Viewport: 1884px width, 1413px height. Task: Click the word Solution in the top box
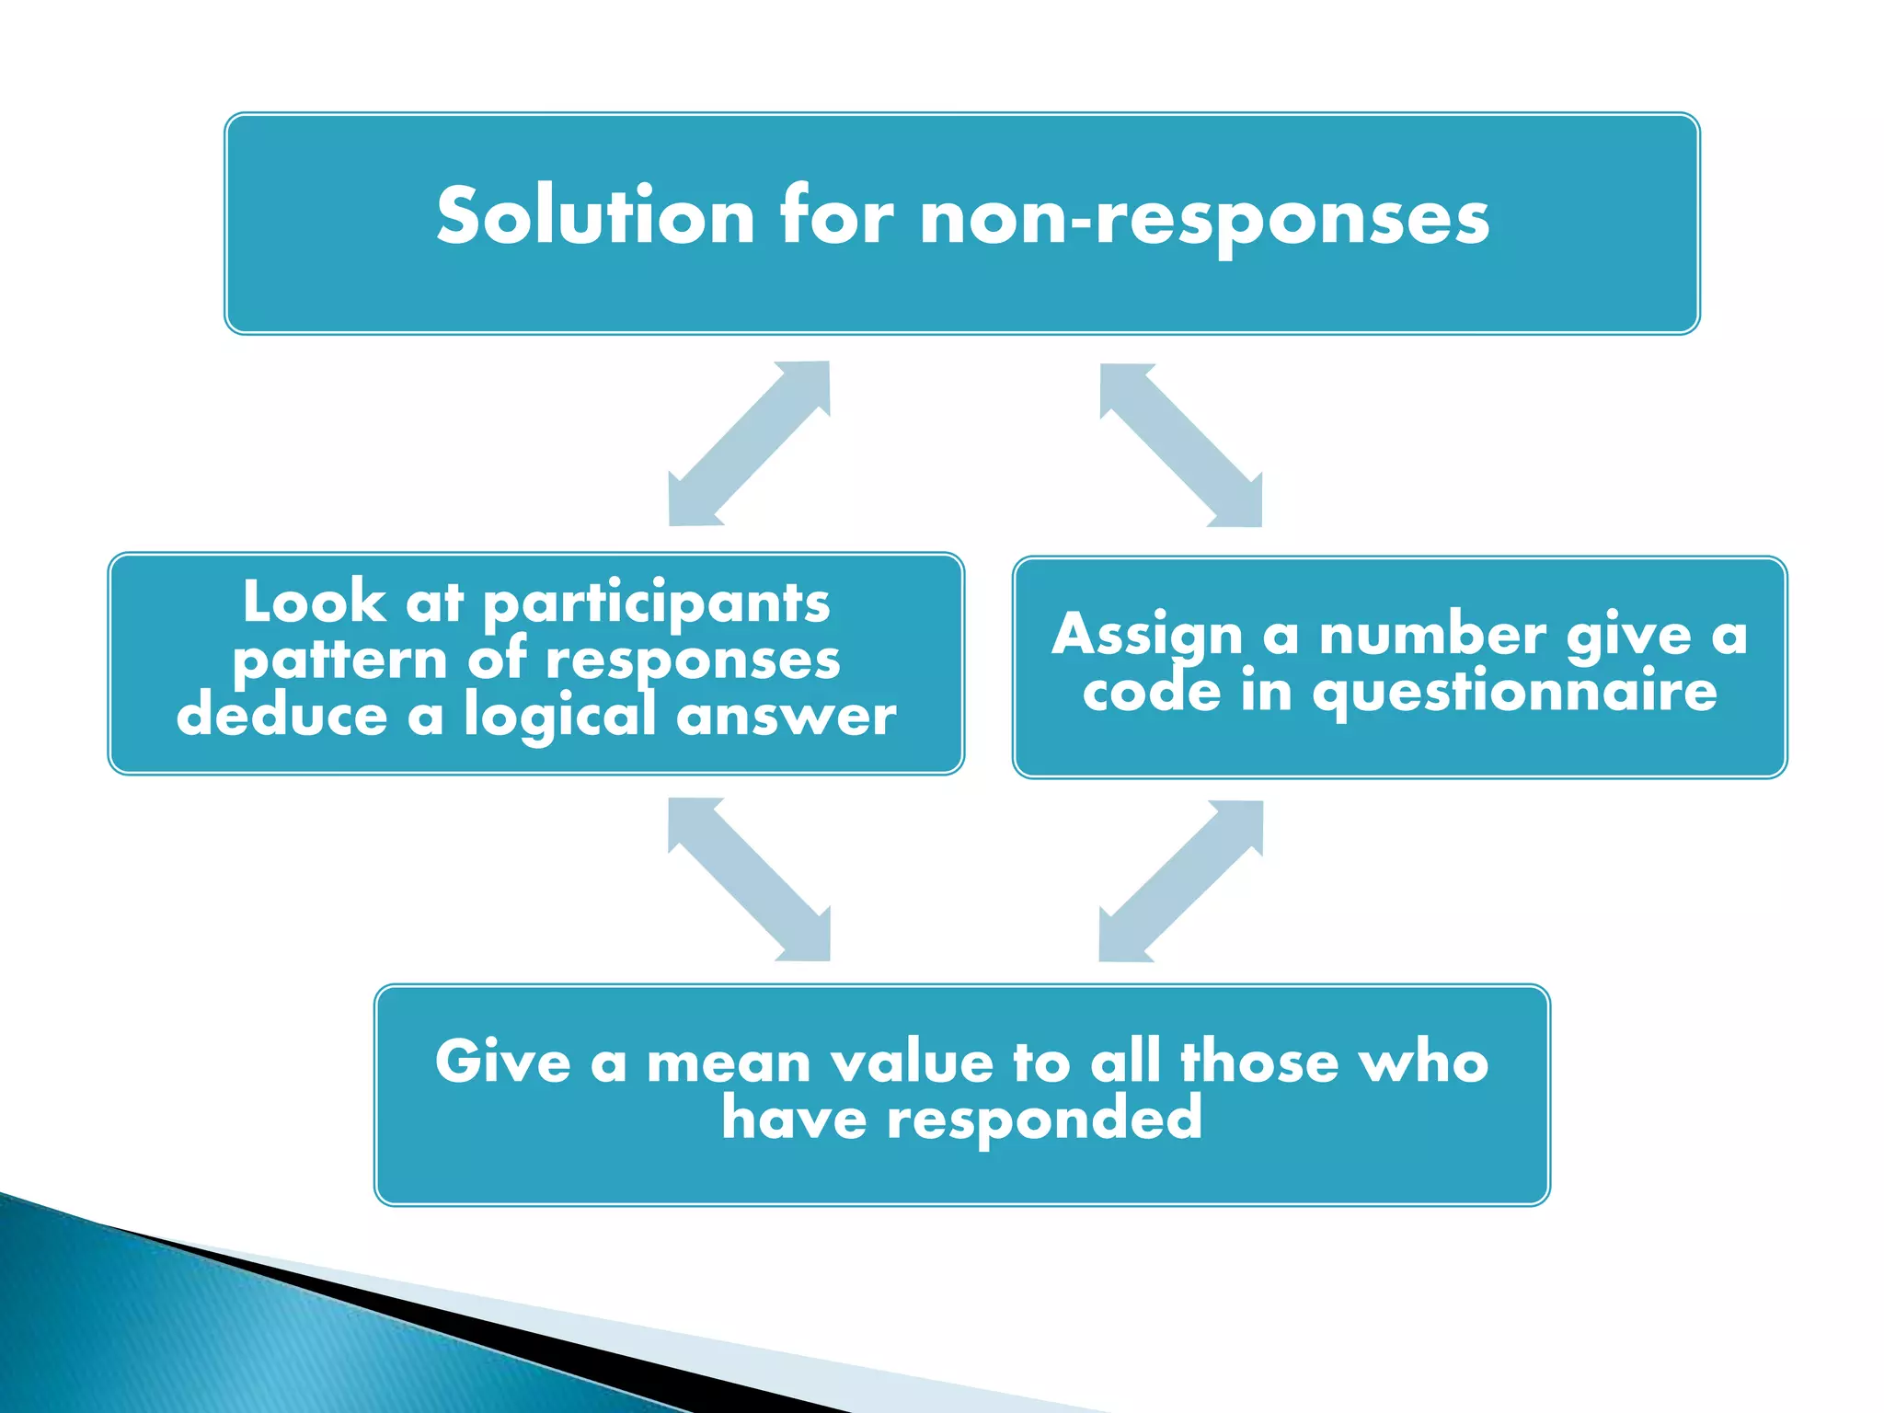(595, 217)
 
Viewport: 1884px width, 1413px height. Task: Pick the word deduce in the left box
(281, 716)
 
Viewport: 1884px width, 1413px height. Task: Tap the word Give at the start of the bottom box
(502, 1063)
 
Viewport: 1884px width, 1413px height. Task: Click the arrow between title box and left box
(749, 443)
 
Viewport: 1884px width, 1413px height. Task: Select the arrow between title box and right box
(1180, 445)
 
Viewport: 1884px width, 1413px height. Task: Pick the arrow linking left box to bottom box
(749, 879)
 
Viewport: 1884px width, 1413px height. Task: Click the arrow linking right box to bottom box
(1180, 881)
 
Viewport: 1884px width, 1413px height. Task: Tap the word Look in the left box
(314, 603)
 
